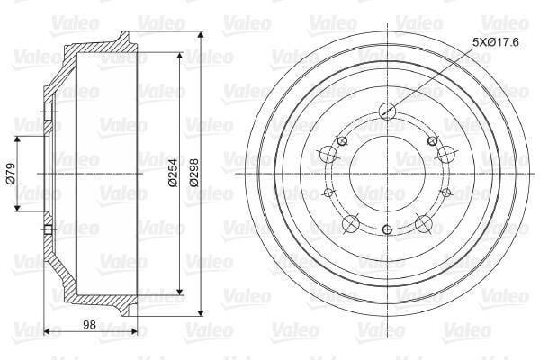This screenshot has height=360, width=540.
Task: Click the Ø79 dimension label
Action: click(x=11, y=174)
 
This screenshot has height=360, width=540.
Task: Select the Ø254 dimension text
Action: click(x=173, y=173)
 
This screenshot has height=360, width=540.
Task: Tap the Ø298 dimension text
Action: click(x=194, y=173)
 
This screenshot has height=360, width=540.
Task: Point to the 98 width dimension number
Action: click(x=89, y=325)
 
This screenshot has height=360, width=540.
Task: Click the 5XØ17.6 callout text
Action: click(x=496, y=42)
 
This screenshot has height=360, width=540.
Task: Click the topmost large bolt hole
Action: click(x=387, y=111)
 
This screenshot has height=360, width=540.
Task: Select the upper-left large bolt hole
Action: click(x=328, y=154)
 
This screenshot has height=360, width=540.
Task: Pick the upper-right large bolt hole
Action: click(x=446, y=154)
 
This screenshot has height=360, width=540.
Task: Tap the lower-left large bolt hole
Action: click(x=351, y=223)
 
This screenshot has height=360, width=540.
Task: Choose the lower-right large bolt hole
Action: click(x=424, y=223)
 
